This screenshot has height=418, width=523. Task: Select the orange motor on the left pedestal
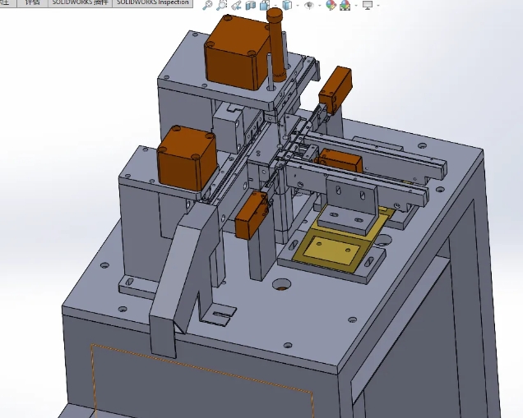point(187,158)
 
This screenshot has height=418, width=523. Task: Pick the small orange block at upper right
point(336,88)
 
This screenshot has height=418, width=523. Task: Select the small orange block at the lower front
point(251,217)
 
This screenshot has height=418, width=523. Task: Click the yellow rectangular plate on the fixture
point(332,248)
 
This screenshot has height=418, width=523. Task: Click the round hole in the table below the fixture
point(282,285)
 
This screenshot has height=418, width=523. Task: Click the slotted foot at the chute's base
point(219,313)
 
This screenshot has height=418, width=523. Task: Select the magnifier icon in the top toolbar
point(208,6)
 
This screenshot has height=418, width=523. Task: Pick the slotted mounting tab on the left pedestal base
point(129,283)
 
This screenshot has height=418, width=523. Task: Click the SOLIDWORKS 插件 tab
point(80,3)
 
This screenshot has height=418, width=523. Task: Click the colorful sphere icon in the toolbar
point(331,6)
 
